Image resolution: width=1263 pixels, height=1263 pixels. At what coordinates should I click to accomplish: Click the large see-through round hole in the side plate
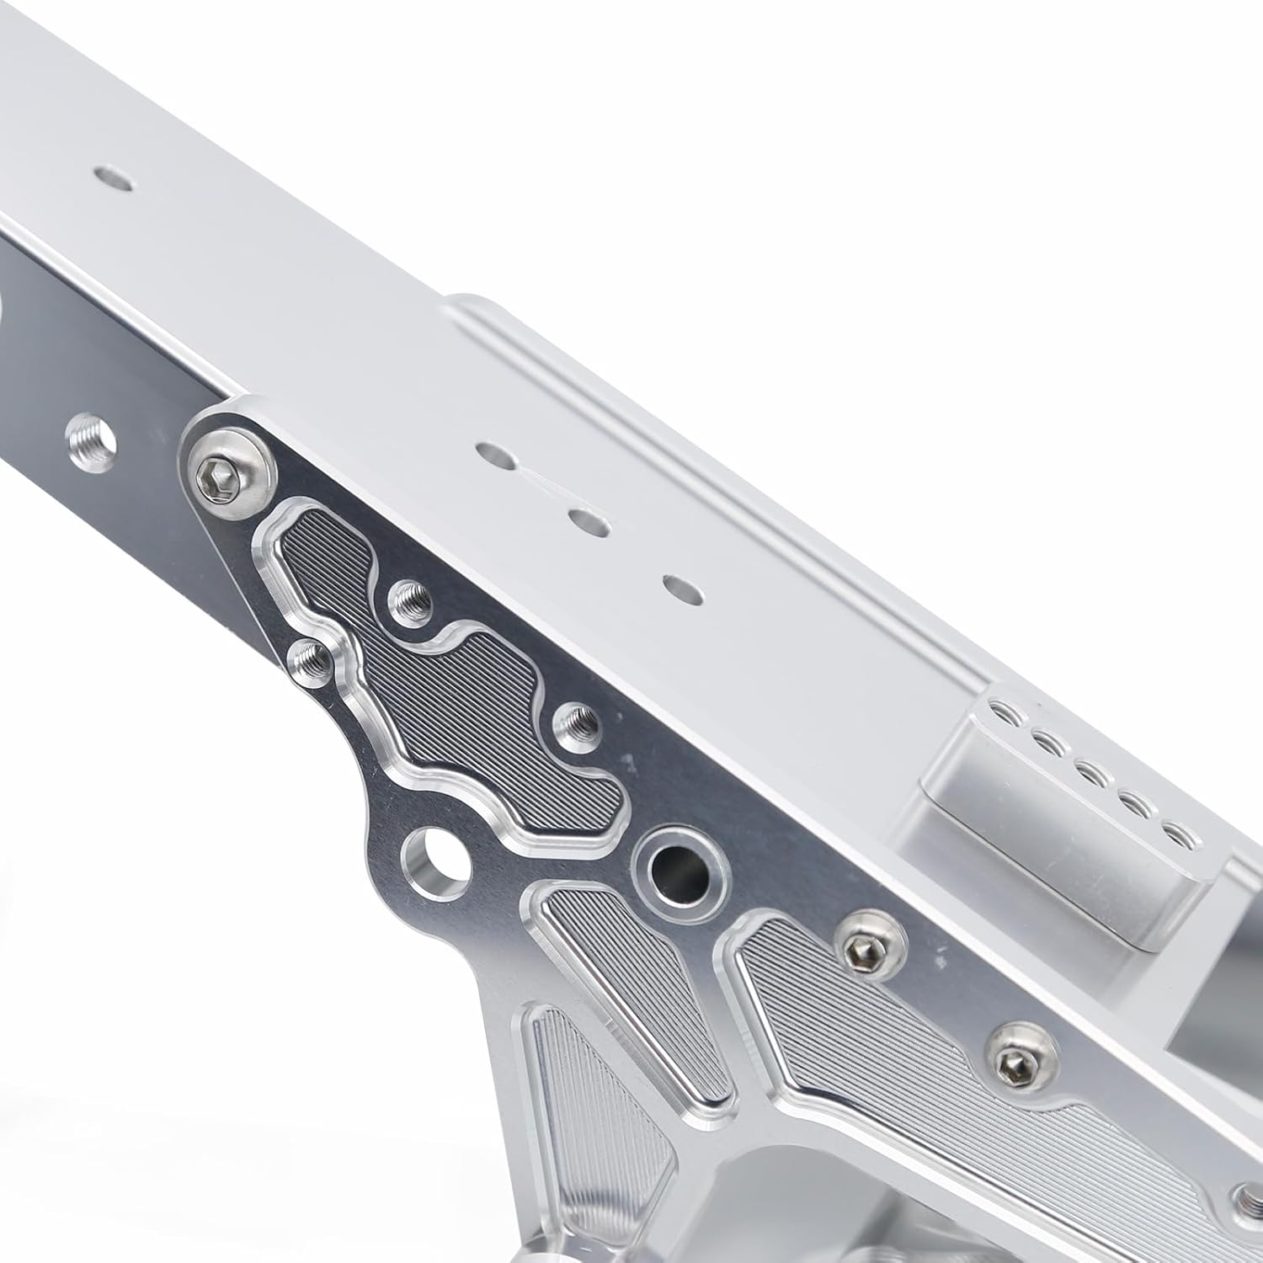(437, 861)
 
